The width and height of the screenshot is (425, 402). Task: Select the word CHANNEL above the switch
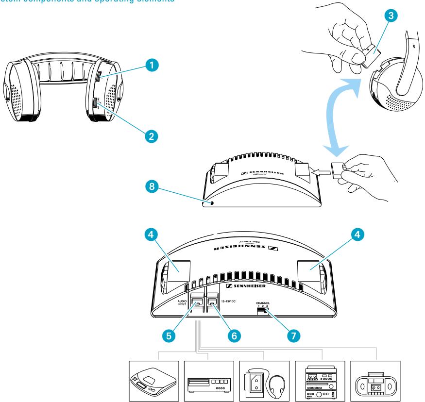pos(264,302)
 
